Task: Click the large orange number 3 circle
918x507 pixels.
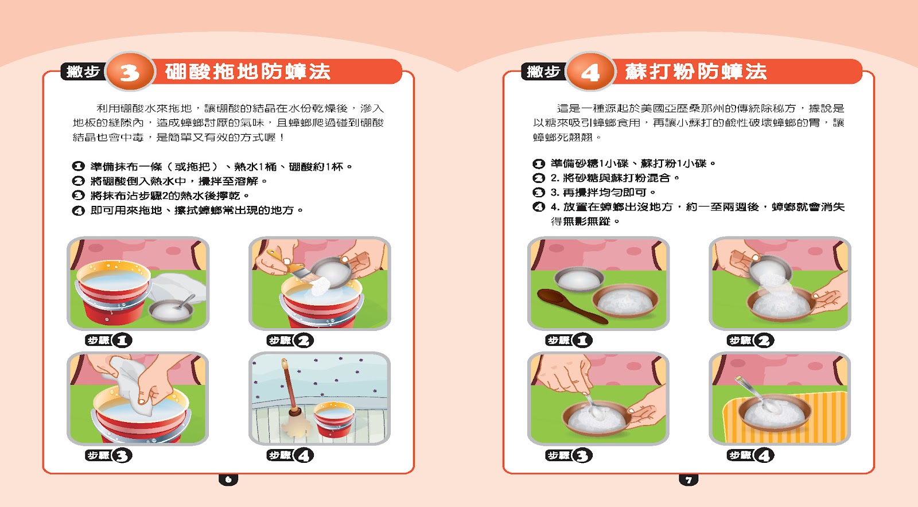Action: [130, 72]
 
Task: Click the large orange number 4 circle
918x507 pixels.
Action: [590, 72]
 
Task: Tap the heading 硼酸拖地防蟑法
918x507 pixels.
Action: [248, 72]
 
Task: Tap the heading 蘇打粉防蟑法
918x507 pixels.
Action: [696, 72]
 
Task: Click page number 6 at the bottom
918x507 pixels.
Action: [228, 479]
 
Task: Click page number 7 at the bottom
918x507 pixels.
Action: [689, 479]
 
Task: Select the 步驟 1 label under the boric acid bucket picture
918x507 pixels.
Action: [108, 340]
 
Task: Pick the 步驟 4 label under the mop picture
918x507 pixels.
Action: [290, 455]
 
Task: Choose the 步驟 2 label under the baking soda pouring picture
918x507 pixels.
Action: [750, 340]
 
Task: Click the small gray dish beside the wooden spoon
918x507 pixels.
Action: [579, 279]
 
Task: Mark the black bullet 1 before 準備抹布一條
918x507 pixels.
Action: [78, 166]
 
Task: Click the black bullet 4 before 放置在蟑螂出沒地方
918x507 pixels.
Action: [539, 207]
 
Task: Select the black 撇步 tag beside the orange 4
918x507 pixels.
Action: [543, 72]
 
